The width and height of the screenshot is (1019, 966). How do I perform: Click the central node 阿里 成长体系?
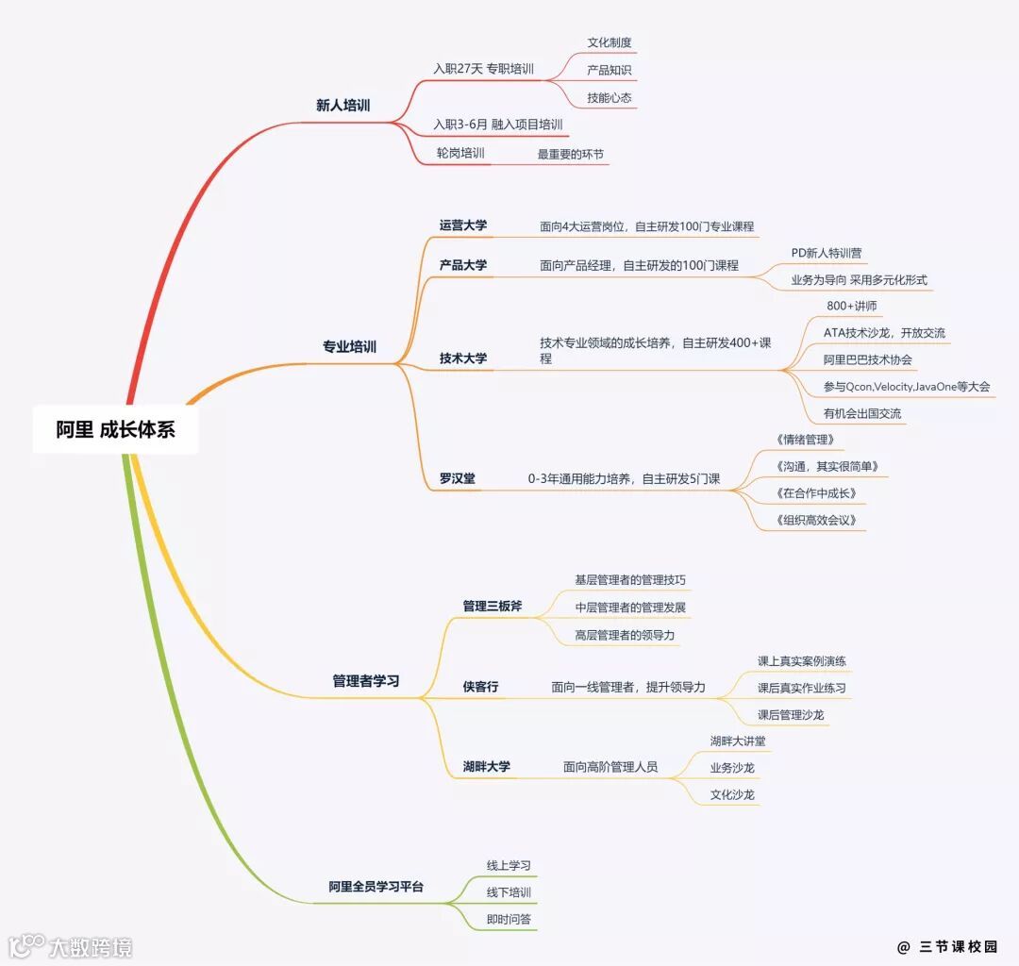coord(115,430)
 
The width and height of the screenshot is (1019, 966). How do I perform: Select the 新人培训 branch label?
coord(342,106)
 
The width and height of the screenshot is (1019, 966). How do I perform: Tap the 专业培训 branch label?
coord(349,347)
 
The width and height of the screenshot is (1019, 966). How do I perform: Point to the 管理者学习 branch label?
coord(365,681)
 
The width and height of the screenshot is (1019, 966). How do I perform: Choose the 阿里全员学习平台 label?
coord(376,887)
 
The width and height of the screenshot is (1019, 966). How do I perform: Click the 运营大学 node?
coord(462,225)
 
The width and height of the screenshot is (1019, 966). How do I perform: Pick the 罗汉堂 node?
coord(457,479)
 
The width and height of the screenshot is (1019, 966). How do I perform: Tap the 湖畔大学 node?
coord(486,767)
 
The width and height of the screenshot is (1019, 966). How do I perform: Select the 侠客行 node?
coord(480,688)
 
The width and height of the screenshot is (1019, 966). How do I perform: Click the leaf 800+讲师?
coord(851,307)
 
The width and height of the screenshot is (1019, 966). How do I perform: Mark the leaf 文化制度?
coord(609,43)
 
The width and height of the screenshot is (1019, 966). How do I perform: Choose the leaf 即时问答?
coord(509,919)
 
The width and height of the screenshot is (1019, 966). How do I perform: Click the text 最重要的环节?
coord(570,154)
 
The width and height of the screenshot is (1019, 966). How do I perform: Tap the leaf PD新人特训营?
coord(826,254)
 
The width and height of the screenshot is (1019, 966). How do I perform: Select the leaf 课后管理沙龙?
coord(790,715)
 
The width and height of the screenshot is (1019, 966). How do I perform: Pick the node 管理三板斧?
coord(492,607)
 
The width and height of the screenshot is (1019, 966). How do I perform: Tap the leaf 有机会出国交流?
coord(861,413)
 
